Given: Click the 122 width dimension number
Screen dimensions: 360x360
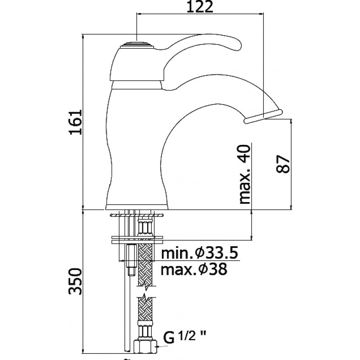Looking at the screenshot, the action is pyautogui.click(x=199, y=7).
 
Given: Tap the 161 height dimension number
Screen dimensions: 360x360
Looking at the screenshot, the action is pyautogui.click(x=76, y=122).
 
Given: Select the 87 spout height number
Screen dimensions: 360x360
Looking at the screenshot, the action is pyautogui.click(x=283, y=164).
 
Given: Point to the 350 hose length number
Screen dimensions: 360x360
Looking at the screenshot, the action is pyautogui.click(x=75, y=281).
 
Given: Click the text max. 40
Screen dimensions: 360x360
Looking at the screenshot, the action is pyautogui.click(x=244, y=174).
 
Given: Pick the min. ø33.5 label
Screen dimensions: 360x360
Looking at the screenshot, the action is pyautogui.click(x=199, y=253).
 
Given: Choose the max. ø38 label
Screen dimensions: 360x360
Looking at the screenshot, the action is pyautogui.click(x=194, y=269).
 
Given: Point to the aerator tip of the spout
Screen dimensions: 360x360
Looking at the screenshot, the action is pyautogui.click(x=263, y=116).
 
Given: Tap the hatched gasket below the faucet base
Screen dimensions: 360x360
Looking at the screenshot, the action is pyautogui.click(x=137, y=216).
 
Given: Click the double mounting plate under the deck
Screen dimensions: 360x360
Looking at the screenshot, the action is pyautogui.click(x=137, y=240).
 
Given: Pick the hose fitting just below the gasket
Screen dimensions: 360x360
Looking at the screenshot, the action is pyautogui.click(x=144, y=227).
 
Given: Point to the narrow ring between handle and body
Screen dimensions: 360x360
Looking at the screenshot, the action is pyautogui.click(x=137, y=85).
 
